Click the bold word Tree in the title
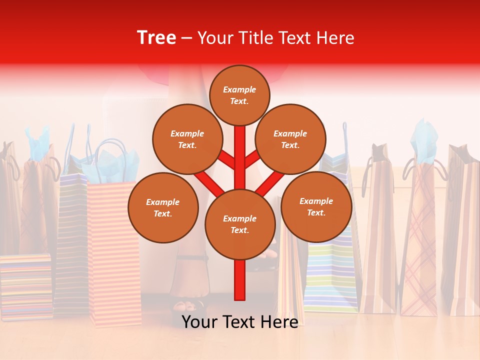coord(156,38)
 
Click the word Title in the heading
coord(256,38)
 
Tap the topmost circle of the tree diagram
coord(239,95)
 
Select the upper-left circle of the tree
coord(187,139)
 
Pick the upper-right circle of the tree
coord(290,139)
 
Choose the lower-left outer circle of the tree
coord(162,207)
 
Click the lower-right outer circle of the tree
coord(316,206)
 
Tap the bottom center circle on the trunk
coord(239,224)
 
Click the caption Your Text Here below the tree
coord(239,322)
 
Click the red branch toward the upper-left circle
coord(226,161)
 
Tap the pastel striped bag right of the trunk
coord(331,275)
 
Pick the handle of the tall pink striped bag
coord(111,155)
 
